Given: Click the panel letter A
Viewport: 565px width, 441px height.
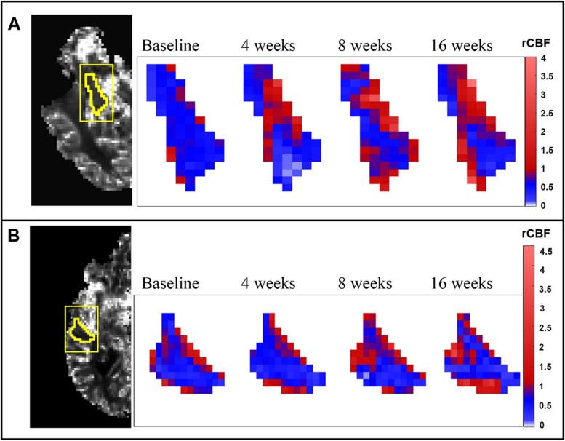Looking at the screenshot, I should tap(14, 25).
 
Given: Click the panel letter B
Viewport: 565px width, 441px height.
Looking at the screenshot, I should tap(14, 237).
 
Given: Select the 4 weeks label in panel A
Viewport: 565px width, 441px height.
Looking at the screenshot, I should tap(268, 46).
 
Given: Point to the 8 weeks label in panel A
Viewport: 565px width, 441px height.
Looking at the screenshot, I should tap(366, 46).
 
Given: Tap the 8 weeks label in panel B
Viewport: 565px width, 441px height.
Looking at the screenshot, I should tap(366, 283).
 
